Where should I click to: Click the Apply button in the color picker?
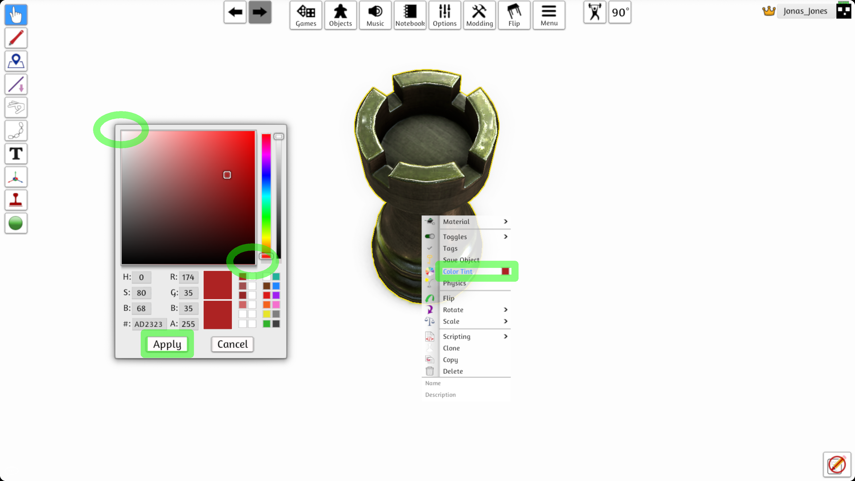point(167,344)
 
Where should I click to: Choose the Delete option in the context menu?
point(453,371)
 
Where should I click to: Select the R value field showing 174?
point(188,277)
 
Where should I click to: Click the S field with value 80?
point(141,293)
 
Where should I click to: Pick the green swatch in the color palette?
point(267,324)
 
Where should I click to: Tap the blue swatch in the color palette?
point(276,286)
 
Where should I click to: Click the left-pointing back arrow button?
point(235,12)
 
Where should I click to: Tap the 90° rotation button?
point(620,12)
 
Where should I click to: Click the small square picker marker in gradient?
point(227,175)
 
